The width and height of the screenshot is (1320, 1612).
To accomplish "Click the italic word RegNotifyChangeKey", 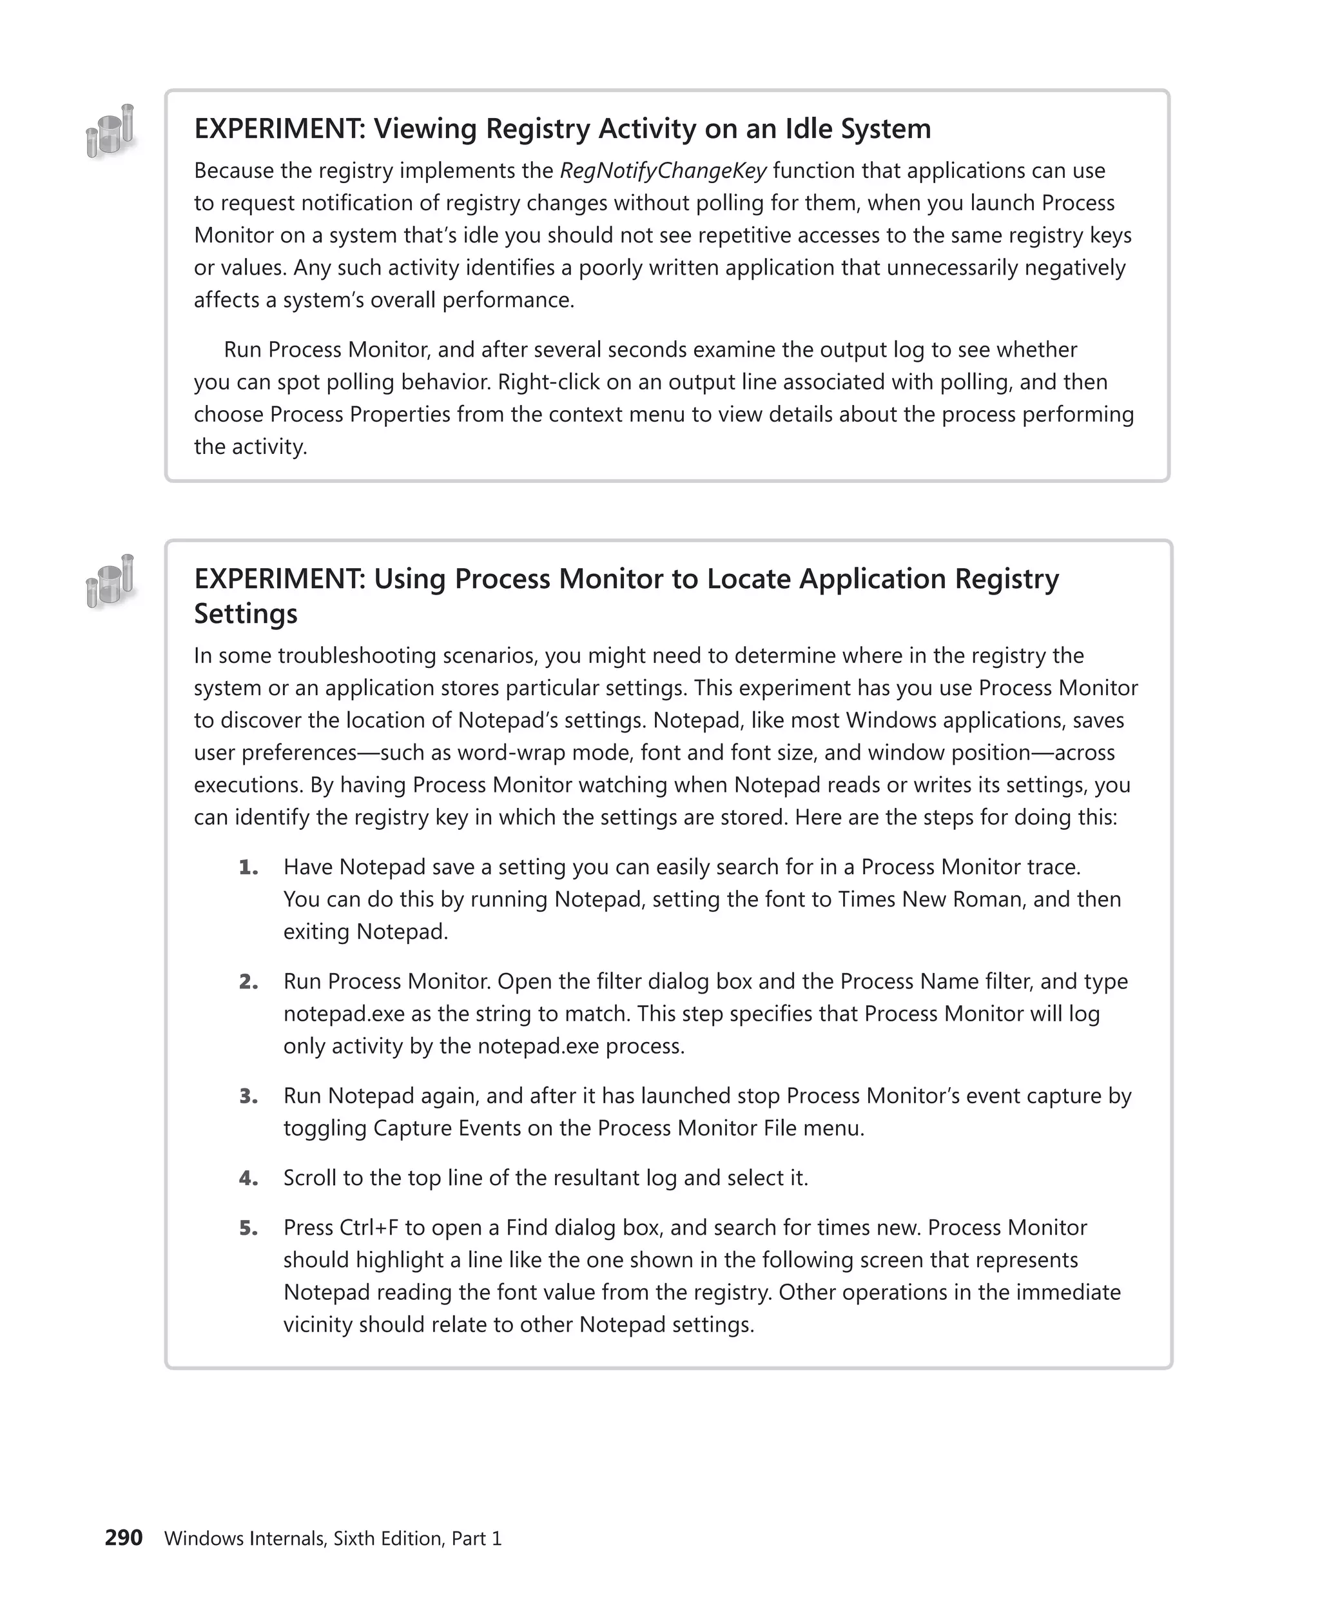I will click(663, 171).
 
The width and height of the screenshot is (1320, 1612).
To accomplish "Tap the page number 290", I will click(123, 1537).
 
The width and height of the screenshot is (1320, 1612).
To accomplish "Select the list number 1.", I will click(248, 867).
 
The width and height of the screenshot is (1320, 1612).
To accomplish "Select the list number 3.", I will click(248, 1096).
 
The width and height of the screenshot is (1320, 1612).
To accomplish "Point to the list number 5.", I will click(248, 1228).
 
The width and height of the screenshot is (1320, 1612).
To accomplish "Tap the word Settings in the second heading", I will click(246, 613).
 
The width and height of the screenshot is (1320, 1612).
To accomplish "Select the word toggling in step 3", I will click(325, 1128).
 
